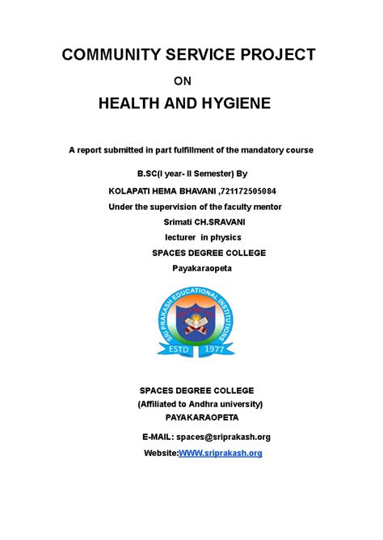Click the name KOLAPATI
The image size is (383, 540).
click(133, 190)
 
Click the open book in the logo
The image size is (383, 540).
click(191, 326)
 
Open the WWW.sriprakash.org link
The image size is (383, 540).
click(220, 454)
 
